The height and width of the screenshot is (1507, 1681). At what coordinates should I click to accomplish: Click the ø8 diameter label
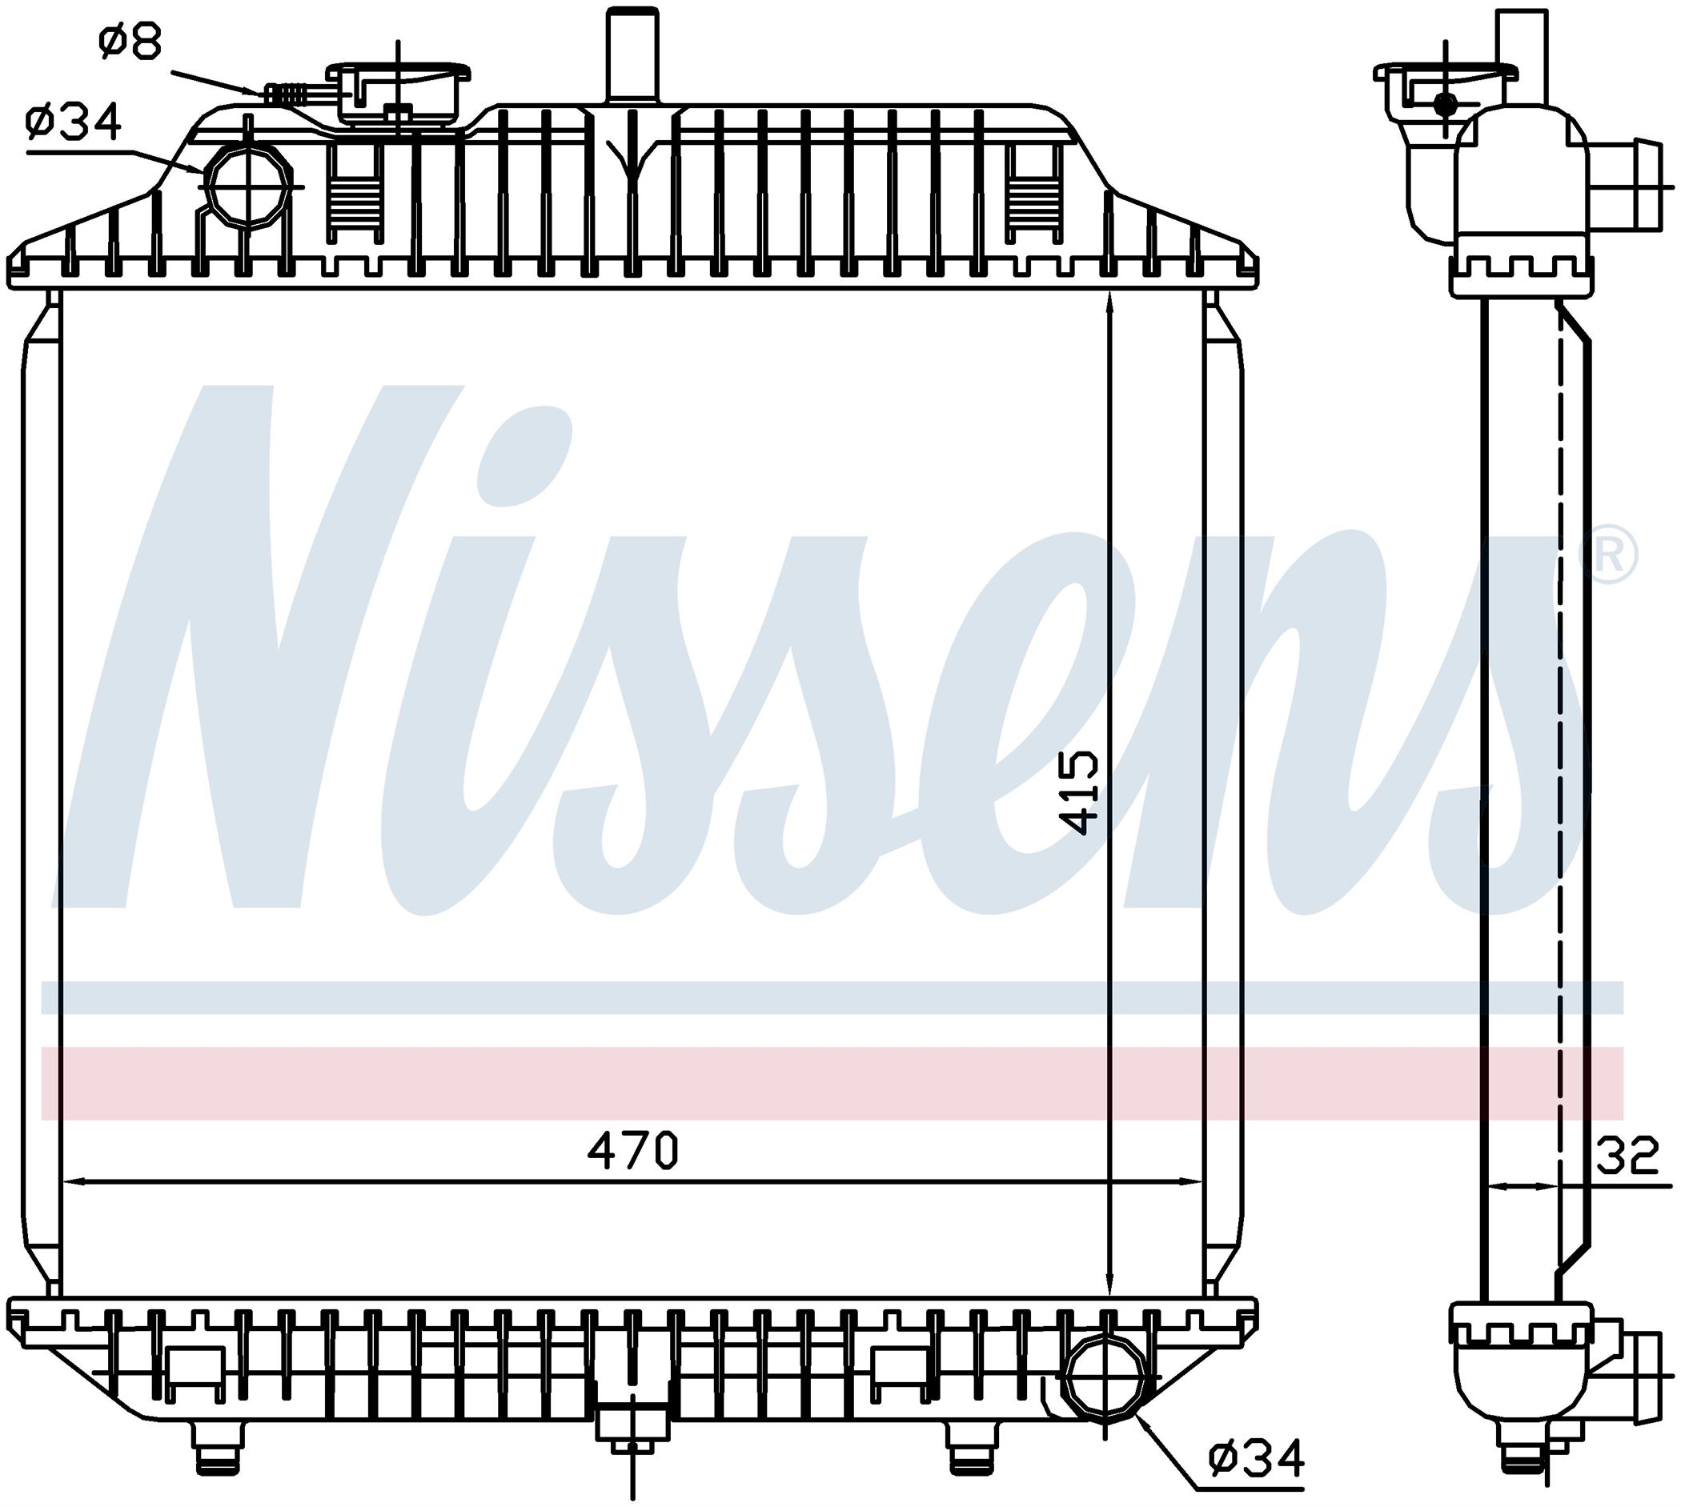tap(130, 42)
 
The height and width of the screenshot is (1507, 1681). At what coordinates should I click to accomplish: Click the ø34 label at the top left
tap(74, 122)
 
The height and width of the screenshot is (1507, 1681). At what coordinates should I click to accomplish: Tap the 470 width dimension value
tap(632, 1150)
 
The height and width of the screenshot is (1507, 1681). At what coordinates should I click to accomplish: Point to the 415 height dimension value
tap(1081, 792)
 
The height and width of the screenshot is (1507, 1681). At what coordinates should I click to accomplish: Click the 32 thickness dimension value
tap(1627, 1156)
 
